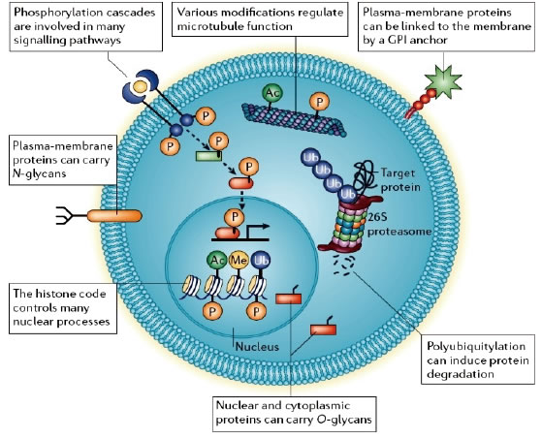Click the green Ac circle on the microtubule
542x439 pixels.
point(272,93)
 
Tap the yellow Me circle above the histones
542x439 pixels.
point(239,260)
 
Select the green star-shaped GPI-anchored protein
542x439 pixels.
point(443,82)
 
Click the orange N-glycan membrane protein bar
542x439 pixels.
point(114,216)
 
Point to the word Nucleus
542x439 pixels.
point(257,346)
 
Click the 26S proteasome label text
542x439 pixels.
point(399,225)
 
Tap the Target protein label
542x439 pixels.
point(400,179)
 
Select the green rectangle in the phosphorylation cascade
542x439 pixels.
point(208,156)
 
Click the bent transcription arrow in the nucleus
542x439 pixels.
point(257,231)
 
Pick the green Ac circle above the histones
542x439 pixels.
point(217,260)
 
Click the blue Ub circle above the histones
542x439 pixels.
point(261,260)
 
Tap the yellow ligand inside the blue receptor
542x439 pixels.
point(140,86)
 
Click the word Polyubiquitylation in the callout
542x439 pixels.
point(476,346)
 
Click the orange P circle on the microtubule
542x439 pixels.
point(319,102)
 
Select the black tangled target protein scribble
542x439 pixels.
point(367,176)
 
